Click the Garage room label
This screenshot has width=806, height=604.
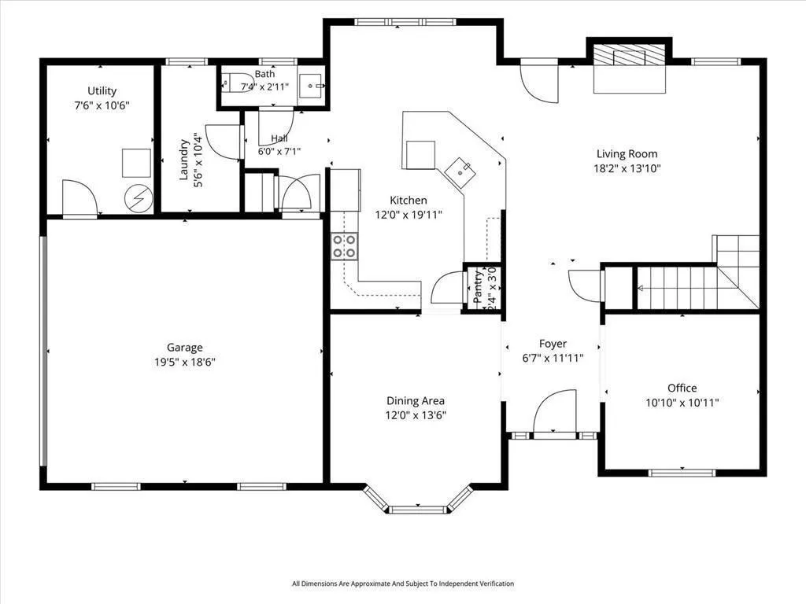(184, 348)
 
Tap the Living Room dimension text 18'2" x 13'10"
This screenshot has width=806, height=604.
(627, 168)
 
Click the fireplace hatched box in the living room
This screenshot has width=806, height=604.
(629, 54)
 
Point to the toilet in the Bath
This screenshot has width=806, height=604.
(235, 83)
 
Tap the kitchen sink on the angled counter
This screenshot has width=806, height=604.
(460, 170)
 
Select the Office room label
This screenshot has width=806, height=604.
(682, 389)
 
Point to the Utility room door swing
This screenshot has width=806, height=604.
(79, 197)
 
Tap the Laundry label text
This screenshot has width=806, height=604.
(183, 159)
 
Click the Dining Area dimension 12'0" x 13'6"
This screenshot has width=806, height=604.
(416, 415)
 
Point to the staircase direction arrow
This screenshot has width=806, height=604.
(641, 289)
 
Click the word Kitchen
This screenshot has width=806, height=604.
(409, 201)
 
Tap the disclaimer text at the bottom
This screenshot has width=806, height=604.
(403, 584)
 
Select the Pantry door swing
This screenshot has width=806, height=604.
(447, 288)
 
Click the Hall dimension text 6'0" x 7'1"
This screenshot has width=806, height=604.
(279, 152)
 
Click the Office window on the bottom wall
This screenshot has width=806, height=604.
(682, 473)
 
